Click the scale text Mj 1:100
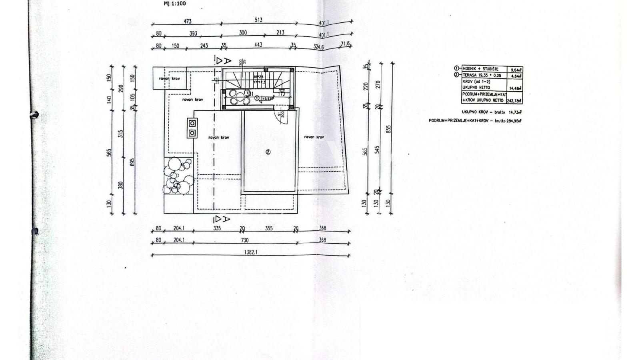175,4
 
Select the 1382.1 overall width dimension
250,252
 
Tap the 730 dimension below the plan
244,240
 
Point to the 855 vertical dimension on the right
389,129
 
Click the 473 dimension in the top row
187,21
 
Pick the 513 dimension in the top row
258,20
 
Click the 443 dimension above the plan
258,45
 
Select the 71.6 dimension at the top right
345,44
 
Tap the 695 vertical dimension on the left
132,162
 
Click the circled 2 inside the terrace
268,152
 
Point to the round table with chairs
240,97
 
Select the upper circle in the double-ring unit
192,123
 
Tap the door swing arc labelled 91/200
285,116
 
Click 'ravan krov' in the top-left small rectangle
169,78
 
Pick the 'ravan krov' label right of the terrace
314,137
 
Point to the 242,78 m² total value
514,101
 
